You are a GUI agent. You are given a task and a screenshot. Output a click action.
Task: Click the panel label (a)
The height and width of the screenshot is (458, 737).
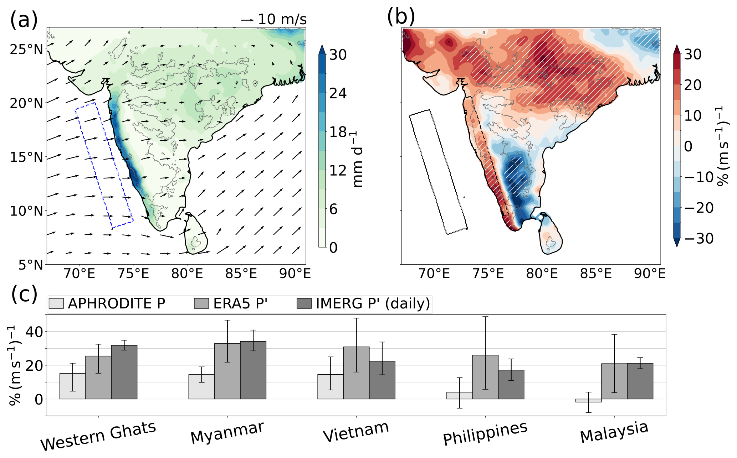click(24, 20)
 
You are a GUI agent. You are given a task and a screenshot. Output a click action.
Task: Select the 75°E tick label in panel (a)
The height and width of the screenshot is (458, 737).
click(133, 274)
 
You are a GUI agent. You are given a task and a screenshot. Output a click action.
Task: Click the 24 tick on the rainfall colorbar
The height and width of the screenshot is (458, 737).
click(338, 93)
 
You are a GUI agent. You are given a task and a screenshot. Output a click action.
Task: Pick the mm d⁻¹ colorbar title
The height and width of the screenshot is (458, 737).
click(357, 158)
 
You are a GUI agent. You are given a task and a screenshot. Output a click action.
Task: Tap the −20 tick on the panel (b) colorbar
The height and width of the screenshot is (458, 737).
click(699, 208)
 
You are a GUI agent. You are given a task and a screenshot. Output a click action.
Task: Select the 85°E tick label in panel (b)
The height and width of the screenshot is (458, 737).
click(596, 274)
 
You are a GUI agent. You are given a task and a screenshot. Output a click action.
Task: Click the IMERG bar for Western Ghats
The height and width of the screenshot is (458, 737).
click(124, 372)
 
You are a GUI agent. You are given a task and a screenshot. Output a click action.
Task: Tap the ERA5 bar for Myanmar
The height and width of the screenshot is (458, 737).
click(227, 371)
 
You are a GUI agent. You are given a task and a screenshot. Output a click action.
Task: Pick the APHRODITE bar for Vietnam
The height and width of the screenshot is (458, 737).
click(331, 387)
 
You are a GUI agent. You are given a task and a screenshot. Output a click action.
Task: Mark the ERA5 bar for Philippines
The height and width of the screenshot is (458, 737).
click(485, 377)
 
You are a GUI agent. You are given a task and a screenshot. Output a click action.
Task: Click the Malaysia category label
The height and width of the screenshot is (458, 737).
click(614, 432)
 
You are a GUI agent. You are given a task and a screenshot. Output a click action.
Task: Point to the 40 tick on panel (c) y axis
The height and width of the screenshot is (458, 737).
click(34, 332)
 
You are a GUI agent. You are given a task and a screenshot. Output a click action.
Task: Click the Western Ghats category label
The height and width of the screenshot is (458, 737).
click(98, 436)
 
